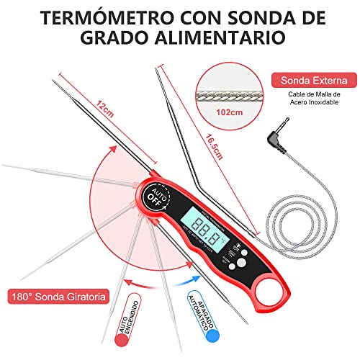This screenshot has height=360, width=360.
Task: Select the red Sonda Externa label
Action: point(312,80)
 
